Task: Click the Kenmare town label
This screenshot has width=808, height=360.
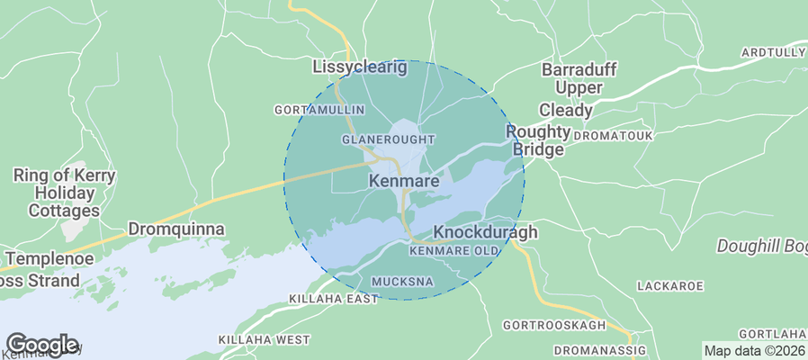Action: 404,181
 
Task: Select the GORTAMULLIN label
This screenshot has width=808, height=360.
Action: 319,110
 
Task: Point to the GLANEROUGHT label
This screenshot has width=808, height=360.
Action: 389,139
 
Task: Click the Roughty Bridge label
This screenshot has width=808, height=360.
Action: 538,140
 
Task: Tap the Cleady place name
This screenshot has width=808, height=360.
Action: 566,111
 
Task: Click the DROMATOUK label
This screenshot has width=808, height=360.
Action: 613,135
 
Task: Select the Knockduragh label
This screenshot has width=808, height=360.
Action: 485,232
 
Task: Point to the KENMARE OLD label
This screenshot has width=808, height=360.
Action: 453,251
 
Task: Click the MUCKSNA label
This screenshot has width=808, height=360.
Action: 402,282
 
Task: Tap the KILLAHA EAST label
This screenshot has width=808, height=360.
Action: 334,298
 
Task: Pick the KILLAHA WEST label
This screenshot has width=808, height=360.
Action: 264,339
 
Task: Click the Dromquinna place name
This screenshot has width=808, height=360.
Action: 176,229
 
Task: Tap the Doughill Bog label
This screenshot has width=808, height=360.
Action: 761,246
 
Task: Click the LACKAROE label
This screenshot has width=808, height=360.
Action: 669,285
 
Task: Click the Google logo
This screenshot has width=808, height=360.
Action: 42,344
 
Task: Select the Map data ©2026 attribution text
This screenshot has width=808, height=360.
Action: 754,351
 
